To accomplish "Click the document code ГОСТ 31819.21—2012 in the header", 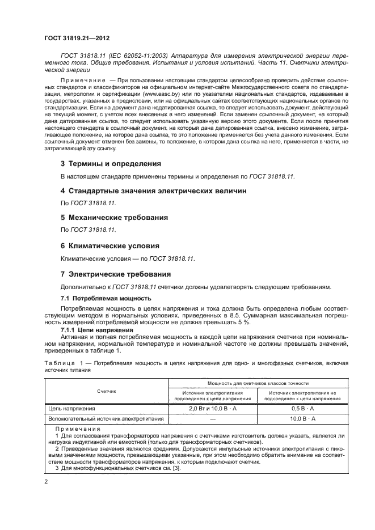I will (x=77, y=38).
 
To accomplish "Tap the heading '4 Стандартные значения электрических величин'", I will (x=153, y=191).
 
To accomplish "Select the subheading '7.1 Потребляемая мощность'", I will (x=106, y=298).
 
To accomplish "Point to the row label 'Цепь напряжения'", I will (x=71, y=408).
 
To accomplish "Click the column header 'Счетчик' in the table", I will (x=106, y=391).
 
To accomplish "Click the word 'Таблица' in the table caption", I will (x=56, y=362).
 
